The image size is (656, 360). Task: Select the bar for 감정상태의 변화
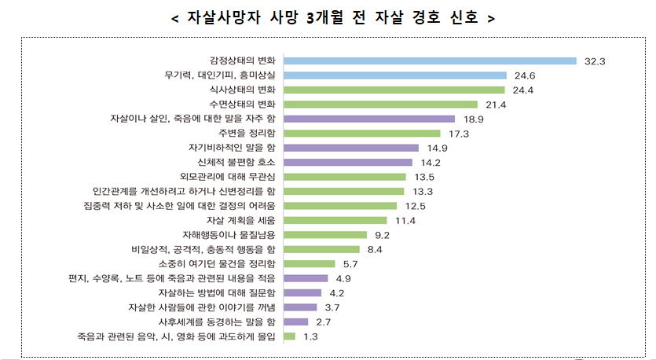430,61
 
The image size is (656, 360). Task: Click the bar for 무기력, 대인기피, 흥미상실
395,75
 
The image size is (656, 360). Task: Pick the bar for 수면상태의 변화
380,105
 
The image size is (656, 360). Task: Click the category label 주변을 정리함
248,134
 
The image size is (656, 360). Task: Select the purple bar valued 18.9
369,119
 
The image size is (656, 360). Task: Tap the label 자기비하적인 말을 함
233,148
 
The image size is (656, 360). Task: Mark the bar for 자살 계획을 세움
335,220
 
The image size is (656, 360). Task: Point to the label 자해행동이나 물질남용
229,234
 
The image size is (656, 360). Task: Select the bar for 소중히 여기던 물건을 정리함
310,263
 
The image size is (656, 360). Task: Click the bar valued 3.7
300,307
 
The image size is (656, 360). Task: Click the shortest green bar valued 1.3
289,336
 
